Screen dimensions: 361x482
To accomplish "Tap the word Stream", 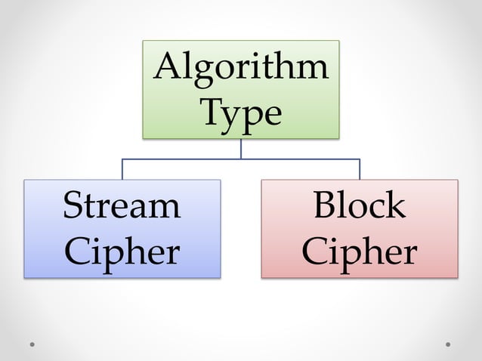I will tap(122, 205).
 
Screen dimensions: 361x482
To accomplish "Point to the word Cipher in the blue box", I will tap(122, 251).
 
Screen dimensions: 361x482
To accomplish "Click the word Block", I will tap(360, 205).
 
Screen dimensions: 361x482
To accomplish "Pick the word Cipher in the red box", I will tap(360, 251).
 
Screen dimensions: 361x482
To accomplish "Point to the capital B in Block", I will tap(323, 205).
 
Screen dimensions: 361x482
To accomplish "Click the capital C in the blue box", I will tap(76, 251).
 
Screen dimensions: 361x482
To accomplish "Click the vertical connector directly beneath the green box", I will tap(241, 149).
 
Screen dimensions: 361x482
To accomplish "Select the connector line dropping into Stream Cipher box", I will tap(122, 169).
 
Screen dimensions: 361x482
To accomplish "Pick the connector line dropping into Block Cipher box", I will tap(360, 169).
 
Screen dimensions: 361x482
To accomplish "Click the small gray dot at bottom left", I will tap(32, 344).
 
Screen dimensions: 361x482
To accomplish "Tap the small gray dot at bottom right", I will tap(448, 344).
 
